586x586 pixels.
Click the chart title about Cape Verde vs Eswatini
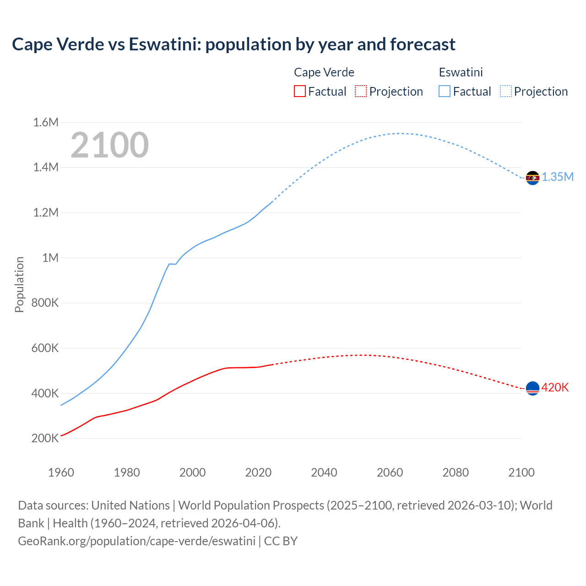[x=233, y=44]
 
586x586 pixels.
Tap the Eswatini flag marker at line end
[x=532, y=178]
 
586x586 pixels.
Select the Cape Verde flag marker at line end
[x=532, y=389]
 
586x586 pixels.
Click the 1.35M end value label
[x=558, y=177]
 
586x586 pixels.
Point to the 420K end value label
[x=555, y=388]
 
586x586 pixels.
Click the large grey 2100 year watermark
[x=109, y=145]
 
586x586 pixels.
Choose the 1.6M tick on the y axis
[x=46, y=122]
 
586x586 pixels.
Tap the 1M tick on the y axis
[x=50, y=258]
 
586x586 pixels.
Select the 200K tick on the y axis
[x=45, y=439]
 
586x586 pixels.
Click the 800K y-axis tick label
[x=45, y=303]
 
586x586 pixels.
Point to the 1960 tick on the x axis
[x=61, y=472]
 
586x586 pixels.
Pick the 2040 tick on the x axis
[x=324, y=472]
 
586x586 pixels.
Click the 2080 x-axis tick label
[x=456, y=472]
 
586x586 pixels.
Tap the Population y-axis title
[x=19, y=284]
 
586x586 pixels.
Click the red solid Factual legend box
[x=299, y=92]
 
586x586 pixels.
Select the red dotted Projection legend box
[x=361, y=92]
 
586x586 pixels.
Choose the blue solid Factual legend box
[x=444, y=92]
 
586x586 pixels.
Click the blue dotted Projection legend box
[x=505, y=92]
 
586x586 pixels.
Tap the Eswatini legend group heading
[x=461, y=72]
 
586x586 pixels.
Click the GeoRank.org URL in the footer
[x=136, y=541]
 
